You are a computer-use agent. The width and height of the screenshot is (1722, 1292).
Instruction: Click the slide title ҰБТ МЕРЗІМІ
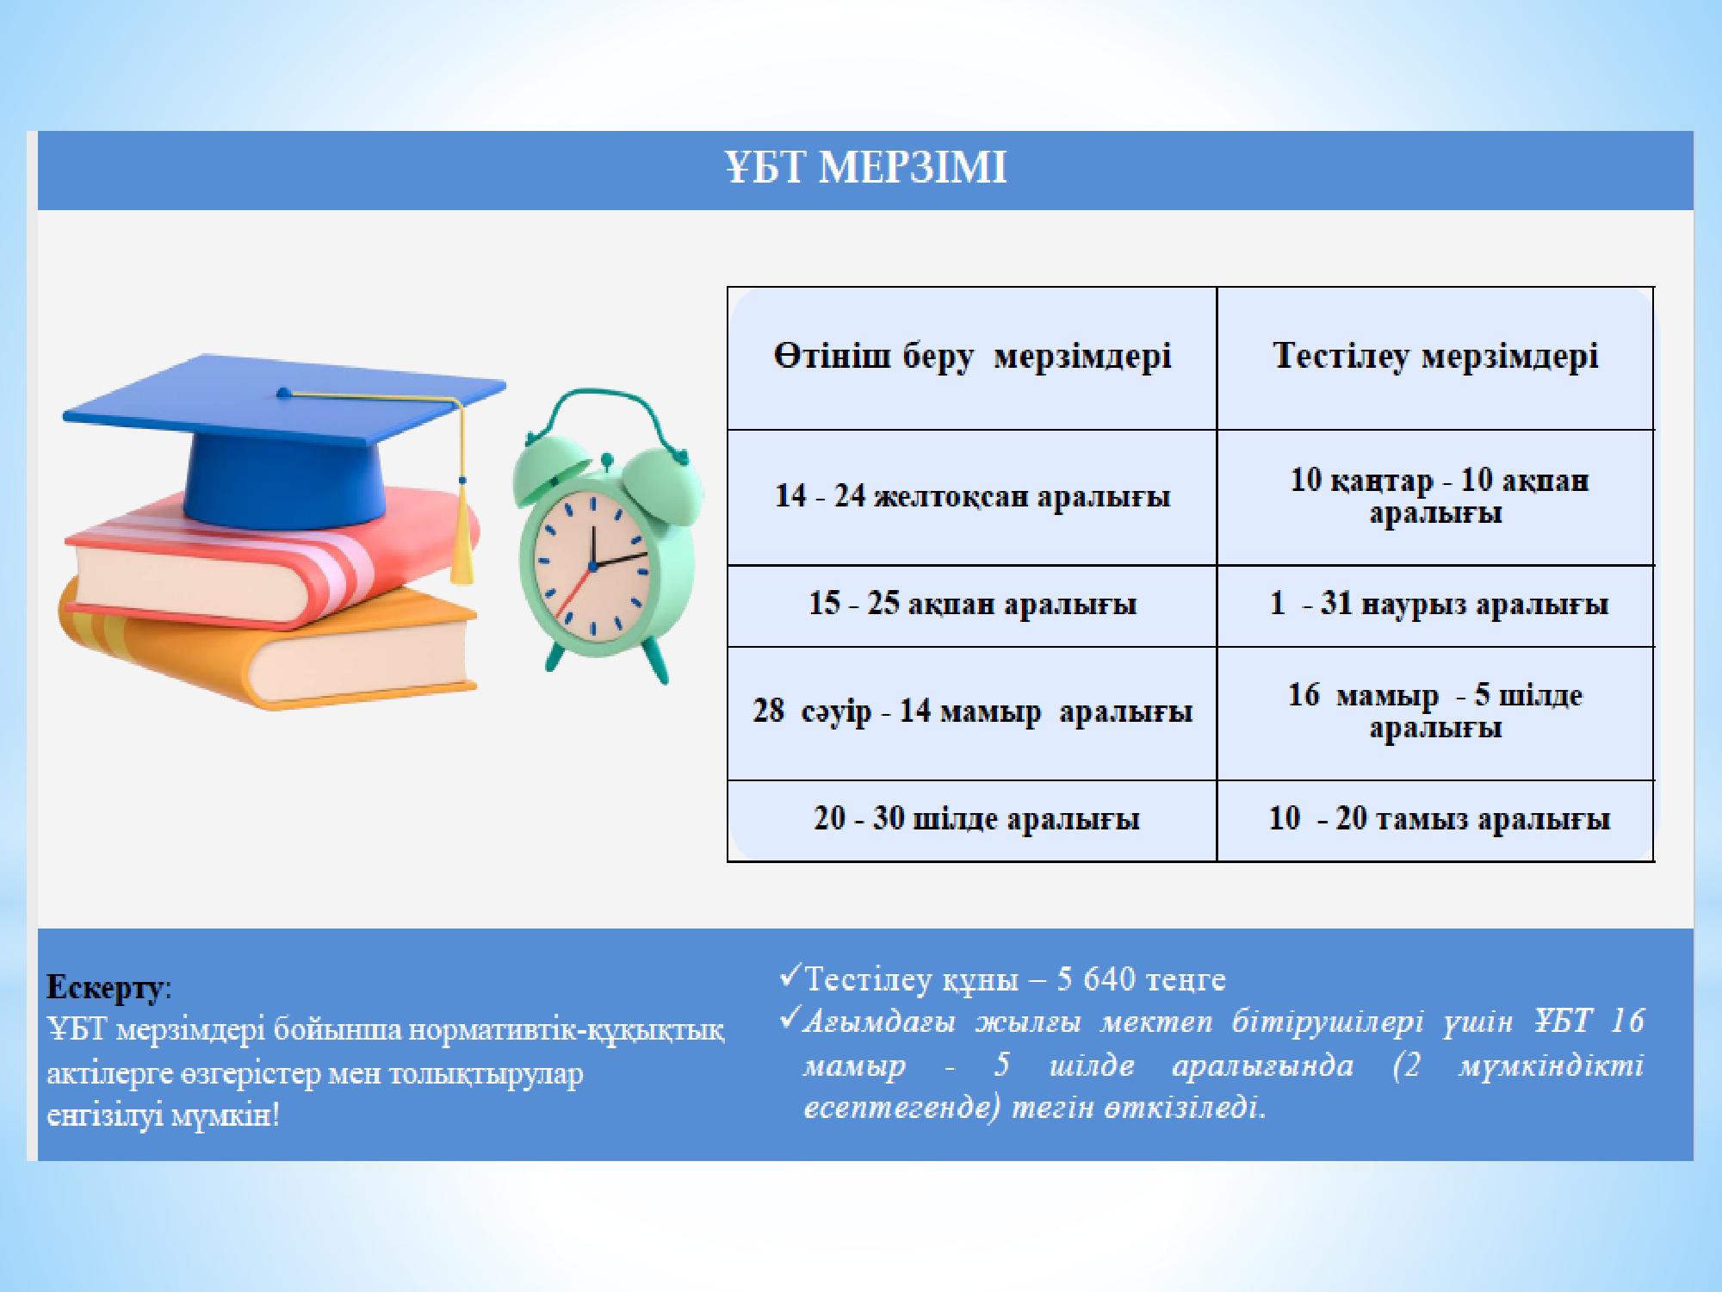[x=865, y=168]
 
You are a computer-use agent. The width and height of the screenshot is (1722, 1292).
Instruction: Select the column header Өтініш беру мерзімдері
[x=972, y=357]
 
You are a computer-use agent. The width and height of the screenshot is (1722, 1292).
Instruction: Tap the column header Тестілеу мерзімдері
[x=1435, y=356]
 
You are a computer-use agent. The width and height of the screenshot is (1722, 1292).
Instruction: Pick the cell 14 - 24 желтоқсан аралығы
[x=972, y=497]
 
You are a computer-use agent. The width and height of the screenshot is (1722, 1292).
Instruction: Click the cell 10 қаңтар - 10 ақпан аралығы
[x=1435, y=496]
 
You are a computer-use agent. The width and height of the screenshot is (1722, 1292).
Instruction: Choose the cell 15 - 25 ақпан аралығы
[x=972, y=605]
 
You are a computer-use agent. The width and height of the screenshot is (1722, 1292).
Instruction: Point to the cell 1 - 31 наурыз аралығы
[x=1435, y=605]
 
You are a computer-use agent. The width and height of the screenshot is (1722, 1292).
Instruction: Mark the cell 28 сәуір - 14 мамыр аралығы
[x=972, y=712]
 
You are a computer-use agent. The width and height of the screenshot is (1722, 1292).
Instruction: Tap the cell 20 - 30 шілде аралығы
[x=972, y=819]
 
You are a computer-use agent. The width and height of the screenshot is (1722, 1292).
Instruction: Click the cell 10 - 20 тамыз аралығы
[x=1435, y=819]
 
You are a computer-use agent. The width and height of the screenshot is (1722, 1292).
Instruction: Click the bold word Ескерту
[x=104, y=988]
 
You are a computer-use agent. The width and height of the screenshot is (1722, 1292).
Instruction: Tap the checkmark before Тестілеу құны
[x=790, y=977]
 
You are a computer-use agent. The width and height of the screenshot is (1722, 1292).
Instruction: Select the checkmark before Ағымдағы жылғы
[x=790, y=1020]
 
